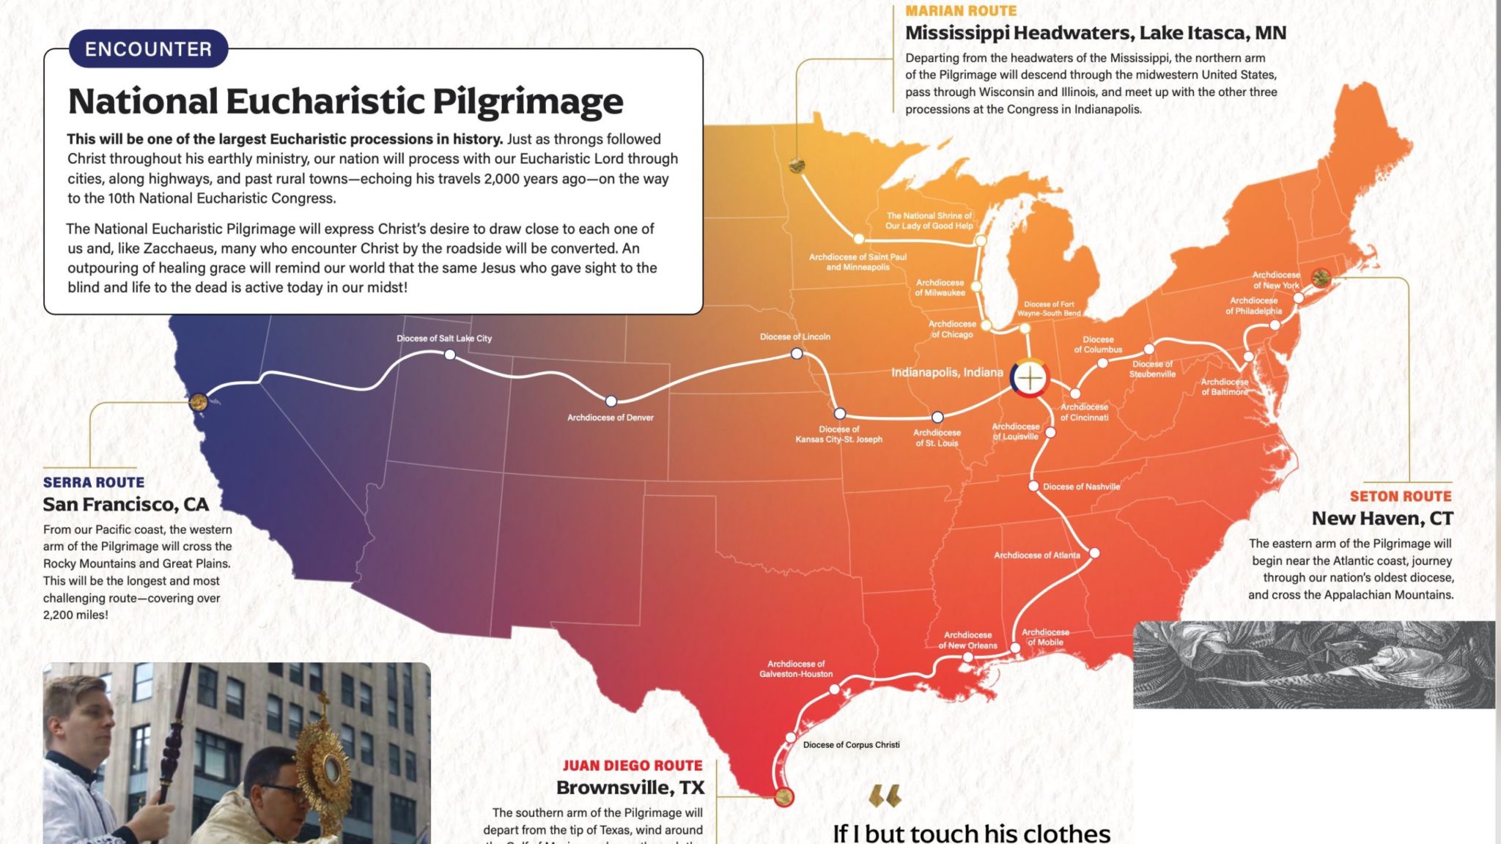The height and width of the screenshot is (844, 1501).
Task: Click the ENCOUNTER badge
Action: click(148, 49)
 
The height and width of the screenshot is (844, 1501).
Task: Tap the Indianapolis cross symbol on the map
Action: click(1030, 378)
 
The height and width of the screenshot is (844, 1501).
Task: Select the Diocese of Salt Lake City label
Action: click(444, 338)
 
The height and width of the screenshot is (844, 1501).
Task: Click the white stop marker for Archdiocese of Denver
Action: click(611, 401)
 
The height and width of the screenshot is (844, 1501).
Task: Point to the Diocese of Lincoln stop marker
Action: click(797, 354)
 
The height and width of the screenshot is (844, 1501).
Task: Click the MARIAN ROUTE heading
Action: click(961, 11)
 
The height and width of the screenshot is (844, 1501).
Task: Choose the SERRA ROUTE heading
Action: click(94, 482)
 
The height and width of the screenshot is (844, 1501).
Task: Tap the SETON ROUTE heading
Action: click(1400, 496)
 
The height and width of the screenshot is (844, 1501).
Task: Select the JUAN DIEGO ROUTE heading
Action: click(633, 766)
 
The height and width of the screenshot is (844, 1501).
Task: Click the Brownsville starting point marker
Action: click(783, 796)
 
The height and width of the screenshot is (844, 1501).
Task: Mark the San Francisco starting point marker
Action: click(198, 401)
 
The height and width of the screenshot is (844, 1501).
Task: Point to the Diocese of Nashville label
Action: click(1081, 486)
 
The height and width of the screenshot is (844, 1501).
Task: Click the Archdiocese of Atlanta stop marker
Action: click(1094, 553)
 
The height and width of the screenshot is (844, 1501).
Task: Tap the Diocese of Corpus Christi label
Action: click(851, 745)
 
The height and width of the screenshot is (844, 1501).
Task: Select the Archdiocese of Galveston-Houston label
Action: click(796, 669)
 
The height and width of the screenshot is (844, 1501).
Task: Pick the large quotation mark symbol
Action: click(885, 796)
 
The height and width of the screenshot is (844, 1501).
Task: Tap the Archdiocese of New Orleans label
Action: click(967, 640)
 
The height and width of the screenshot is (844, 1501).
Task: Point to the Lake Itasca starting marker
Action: click(797, 166)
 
